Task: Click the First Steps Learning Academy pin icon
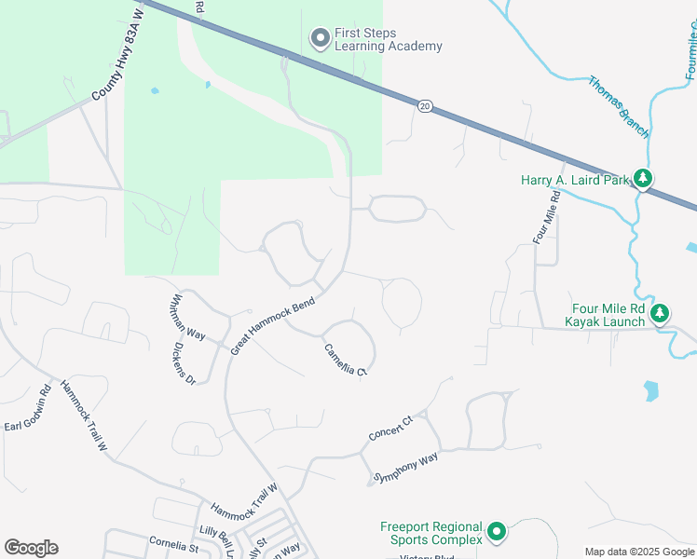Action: click(321, 38)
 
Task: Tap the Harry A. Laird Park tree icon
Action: click(642, 177)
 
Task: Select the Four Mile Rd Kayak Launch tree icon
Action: click(660, 313)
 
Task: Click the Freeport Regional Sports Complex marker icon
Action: click(497, 532)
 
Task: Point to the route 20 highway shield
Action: click(425, 106)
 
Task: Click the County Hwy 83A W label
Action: click(120, 57)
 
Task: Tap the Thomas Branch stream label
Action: click(619, 107)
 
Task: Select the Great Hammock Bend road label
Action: click(272, 325)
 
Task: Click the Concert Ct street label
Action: click(389, 429)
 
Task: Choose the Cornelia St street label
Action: click(174, 543)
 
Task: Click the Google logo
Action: click(31, 548)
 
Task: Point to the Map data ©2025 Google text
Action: click(639, 552)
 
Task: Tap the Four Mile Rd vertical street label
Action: click(546, 218)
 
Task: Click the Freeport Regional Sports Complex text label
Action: click(431, 533)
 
